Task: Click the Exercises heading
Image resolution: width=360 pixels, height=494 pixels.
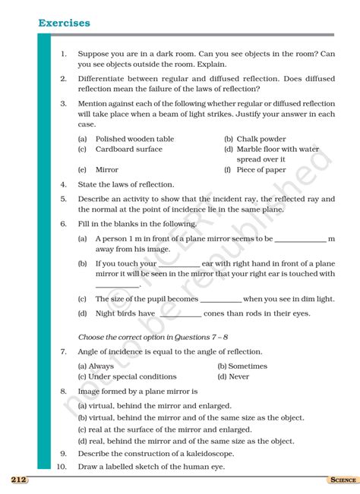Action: tap(64, 24)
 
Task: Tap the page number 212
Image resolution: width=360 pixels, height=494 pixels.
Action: tap(19, 480)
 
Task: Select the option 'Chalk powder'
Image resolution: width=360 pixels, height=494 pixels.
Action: tap(261, 139)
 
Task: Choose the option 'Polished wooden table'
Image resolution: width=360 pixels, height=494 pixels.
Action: tap(134, 139)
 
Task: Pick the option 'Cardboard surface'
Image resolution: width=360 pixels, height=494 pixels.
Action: tap(128, 149)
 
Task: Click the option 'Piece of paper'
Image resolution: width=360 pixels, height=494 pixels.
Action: tap(261, 170)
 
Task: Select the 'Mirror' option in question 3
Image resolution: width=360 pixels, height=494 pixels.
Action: tap(106, 170)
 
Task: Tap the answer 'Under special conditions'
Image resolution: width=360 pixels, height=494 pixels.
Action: tap(132, 376)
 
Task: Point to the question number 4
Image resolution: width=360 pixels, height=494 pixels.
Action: tap(64, 184)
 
